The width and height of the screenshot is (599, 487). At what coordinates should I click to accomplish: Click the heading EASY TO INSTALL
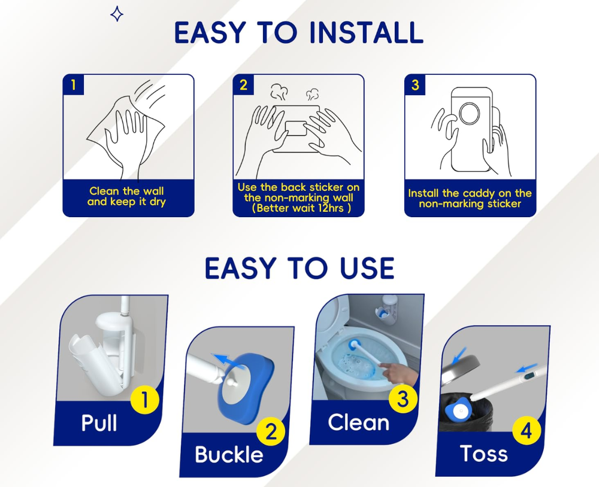(298, 33)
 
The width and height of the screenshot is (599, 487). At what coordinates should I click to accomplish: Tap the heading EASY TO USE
(299, 269)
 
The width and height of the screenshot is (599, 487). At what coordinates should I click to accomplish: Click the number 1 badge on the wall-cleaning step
(73, 85)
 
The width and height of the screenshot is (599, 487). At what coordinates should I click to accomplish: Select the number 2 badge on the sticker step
(243, 85)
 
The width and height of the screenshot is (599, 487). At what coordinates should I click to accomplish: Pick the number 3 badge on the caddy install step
(415, 85)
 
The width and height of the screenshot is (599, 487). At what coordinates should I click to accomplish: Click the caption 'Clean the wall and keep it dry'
(126, 196)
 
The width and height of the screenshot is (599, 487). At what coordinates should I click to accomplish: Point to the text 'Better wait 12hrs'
(301, 208)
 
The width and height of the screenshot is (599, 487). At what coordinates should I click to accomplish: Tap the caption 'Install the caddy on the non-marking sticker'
(470, 198)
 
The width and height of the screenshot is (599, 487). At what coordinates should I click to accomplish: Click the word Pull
(99, 423)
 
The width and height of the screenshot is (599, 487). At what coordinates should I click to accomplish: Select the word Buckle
(229, 455)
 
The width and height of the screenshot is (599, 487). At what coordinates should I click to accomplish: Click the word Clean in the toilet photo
(358, 422)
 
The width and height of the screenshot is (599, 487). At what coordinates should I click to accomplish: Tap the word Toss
(484, 453)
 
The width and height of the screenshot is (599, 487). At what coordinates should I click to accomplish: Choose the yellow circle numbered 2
(271, 431)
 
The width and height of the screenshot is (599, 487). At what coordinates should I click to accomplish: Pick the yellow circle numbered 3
(403, 399)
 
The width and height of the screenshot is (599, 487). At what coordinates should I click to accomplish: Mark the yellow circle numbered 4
(527, 431)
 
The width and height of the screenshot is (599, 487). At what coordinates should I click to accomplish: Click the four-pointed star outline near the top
(117, 14)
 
